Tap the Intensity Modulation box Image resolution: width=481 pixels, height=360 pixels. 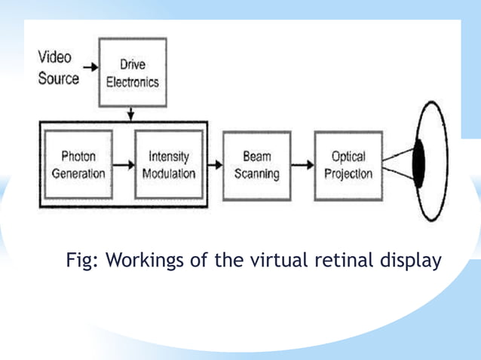[168, 165]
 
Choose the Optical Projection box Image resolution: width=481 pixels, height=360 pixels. [348, 165]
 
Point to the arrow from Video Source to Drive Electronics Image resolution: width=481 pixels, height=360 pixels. [90, 67]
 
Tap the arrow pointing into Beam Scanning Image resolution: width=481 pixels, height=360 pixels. [214, 165]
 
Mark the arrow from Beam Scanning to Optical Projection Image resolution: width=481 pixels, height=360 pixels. [302, 165]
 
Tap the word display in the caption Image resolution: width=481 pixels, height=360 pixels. [408, 261]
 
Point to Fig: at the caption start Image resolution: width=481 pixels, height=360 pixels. [83, 261]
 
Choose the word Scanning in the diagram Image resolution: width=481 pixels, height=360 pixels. [257, 173]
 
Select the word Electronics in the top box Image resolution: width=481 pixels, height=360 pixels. [132, 81]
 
